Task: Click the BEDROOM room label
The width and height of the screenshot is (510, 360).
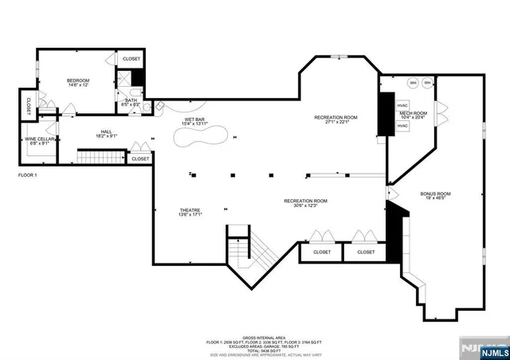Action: [x=77, y=80]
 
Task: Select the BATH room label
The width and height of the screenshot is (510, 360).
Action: [x=131, y=100]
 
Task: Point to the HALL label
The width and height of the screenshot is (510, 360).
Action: [x=106, y=132]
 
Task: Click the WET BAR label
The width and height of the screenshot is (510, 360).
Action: [x=195, y=119]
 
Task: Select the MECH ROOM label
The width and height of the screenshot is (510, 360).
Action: [x=413, y=114]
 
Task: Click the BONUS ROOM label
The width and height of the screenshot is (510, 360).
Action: [x=436, y=194]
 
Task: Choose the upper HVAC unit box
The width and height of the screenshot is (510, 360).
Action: [x=402, y=105]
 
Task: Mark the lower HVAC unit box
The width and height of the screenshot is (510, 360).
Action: [x=402, y=127]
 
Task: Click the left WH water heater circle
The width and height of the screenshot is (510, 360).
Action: [x=413, y=83]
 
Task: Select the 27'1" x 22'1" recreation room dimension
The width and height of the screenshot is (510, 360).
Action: [x=335, y=123]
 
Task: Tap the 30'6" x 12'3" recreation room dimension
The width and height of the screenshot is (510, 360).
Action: [x=307, y=206]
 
